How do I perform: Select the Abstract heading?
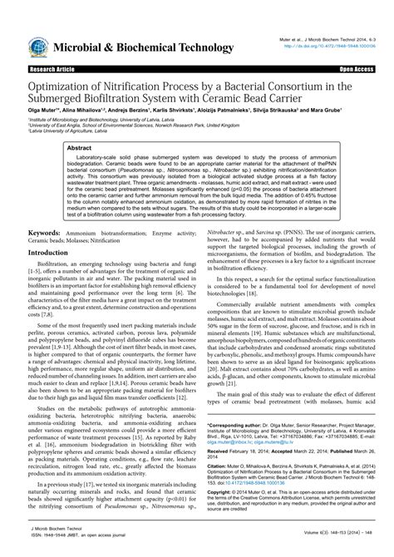(x=69, y=145)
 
